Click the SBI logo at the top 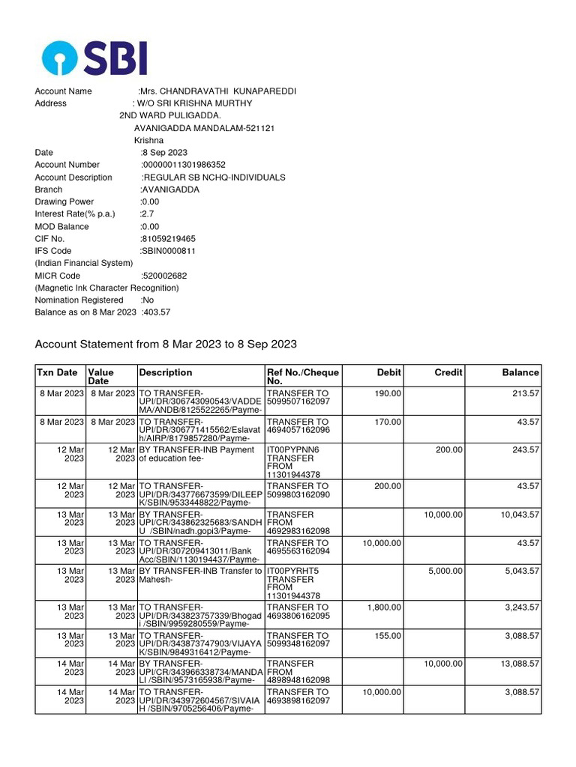[x=94, y=58]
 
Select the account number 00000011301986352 [x=184, y=165]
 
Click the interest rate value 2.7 [x=147, y=214]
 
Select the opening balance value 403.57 [x=156, y=312]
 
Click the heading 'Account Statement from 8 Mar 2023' [x=166, y=345]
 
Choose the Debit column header [x=388, y=372]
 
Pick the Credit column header [x=448, y=372]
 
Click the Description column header [x=165, y=372]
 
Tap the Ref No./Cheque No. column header [x=303, y=377]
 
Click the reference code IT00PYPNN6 [x=293, y=450]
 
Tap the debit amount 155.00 [x=388, y=635]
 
